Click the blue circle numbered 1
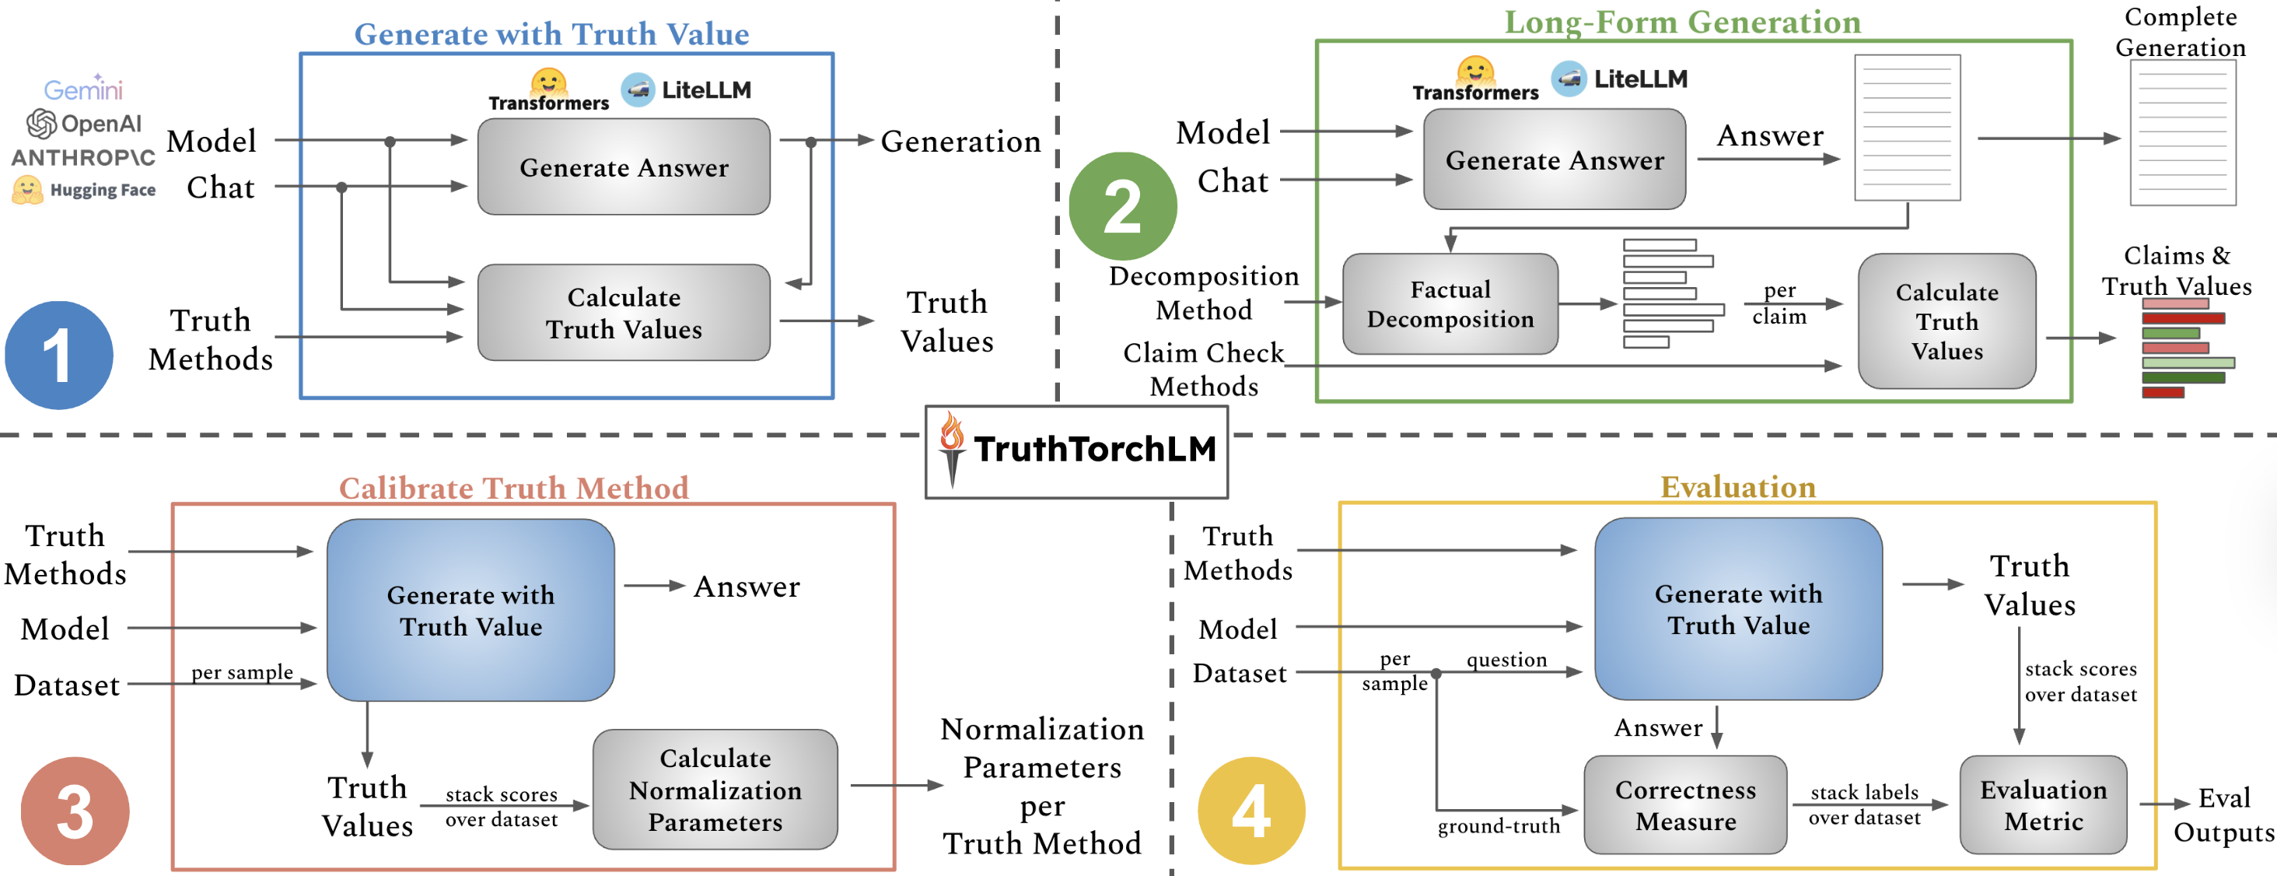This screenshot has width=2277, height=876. [x=58, y=356]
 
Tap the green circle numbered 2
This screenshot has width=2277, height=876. [x=1123, y=206]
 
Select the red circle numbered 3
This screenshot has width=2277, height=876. [x=75, y=811]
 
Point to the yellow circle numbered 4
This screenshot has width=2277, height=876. [x=1250, y=811]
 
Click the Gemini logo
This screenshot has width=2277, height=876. [x=83, y=89]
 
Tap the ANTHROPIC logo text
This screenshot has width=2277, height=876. [x=83, y=157]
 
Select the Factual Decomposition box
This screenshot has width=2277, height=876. [x=1450, y=304]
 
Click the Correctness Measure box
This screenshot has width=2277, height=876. [x=1684, y=804]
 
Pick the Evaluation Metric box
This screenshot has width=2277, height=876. [x=2043, y=804]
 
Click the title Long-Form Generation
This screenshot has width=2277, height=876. [x=1682, y=21]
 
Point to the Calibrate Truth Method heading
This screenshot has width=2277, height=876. [x=513, y=487]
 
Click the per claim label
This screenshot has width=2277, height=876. [x=1779, y=303]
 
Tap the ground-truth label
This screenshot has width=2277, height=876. [x=1499, y=825]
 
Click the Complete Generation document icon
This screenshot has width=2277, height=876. [x=2182, y=132]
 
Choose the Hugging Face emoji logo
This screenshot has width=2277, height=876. [x=27, y=189]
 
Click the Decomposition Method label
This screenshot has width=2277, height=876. [x=1203, y=293]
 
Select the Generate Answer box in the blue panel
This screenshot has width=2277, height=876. [x=623, y=167]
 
